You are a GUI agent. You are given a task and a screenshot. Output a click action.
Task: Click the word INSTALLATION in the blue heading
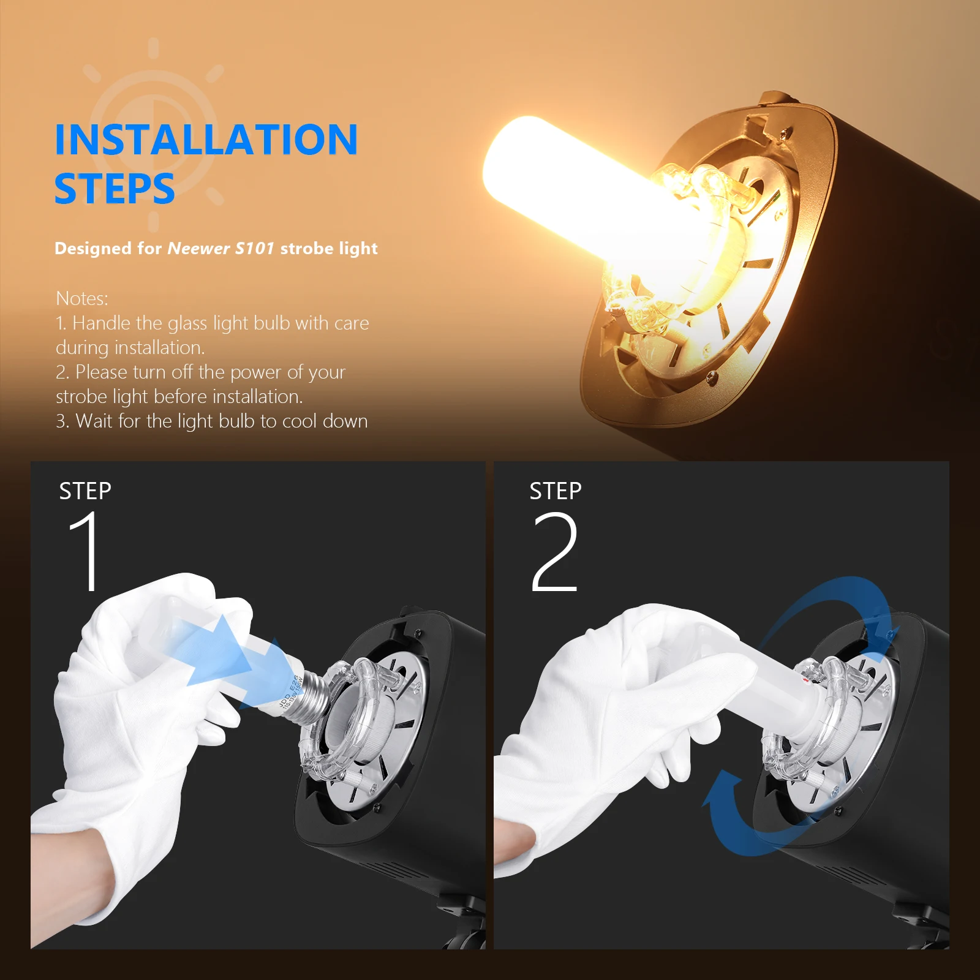(x=206, y=140)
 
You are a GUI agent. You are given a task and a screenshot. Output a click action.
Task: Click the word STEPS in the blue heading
(x=115, y=189)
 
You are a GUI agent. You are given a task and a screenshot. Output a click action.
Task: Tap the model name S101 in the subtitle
(x=254, y=248)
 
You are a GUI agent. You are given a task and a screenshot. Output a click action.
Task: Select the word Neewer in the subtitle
(x=198, y=248)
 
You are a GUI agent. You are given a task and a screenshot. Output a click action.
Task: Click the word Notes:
(x=82, y=298)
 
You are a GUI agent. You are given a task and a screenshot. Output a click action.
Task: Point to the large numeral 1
(x=86, y=551)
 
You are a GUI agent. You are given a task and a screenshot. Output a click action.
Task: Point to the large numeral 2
(x=555, y=551)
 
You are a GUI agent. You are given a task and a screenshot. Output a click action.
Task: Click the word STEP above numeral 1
(x=85, y=491)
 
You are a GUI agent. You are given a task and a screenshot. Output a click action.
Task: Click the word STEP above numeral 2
(x=556, y=491)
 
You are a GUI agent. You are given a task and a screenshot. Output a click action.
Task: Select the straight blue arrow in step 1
(x=221, y=661)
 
